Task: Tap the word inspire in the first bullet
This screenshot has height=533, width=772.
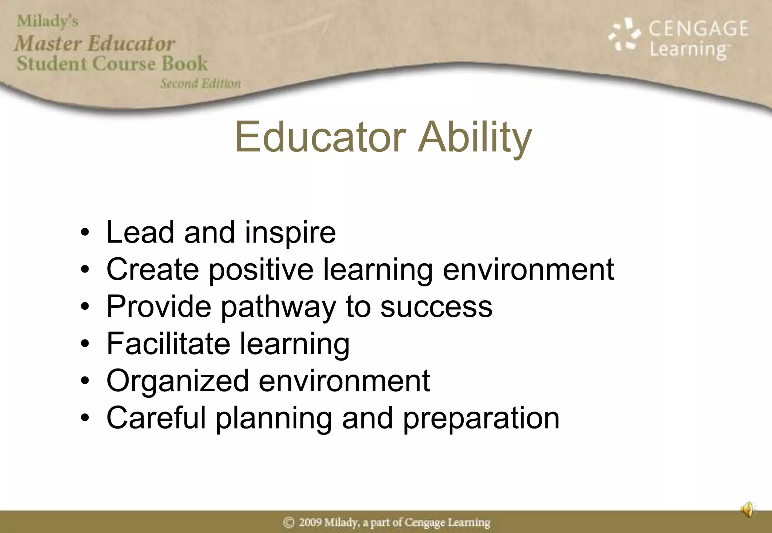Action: [x=290, y=232]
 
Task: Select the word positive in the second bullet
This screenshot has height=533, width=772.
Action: [x=261, y=270]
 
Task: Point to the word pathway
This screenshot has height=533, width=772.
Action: [x=278, y=307]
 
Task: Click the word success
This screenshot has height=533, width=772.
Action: [x=436, y=307]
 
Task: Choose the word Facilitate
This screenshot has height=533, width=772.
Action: [x=168, y=344]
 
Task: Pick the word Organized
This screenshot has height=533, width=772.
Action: [x=178, y=381]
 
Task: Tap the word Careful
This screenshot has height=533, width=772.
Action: [x=156, y=418]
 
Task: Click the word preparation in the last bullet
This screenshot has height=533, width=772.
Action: [x=481, y=418]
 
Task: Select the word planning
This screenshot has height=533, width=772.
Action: [x=274, y=418]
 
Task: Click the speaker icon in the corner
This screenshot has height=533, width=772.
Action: [x=748, y=510]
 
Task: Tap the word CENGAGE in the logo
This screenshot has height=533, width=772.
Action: [x=698, y=29]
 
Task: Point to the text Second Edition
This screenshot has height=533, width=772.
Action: [x=200, y=83]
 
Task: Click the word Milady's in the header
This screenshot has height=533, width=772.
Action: [x=47, y=21]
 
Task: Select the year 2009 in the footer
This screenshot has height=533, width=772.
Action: [x=311, y=522]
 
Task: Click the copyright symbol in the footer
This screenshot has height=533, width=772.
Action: [x=289, y=522]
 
